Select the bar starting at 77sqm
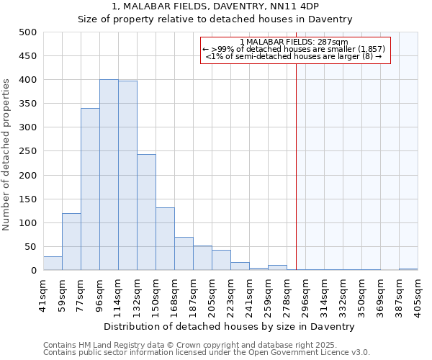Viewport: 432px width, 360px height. (90, 189)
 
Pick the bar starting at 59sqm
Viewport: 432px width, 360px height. (71, 242)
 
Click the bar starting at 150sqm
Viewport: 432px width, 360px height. (165, 239)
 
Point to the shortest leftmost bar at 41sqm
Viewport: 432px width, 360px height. (53, 264)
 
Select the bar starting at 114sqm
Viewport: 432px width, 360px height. (127, 176)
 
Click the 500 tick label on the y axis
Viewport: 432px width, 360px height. (27, 32)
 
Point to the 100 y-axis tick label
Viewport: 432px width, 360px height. (27, 223)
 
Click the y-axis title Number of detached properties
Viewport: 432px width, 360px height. (7, 151)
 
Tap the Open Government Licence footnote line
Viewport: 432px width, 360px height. (207, 353)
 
